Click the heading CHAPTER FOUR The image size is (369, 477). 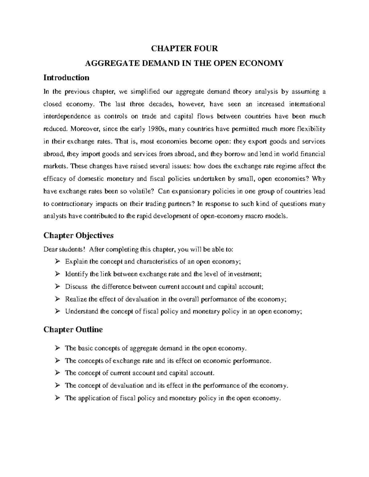[x=184, y=49]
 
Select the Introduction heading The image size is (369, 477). [x=66, y=77]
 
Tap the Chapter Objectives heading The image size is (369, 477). [x=78, y=235]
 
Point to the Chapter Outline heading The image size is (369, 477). [x=73, y=330]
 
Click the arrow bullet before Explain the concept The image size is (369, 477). [x=57, y=262]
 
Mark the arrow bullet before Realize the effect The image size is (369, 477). [x=57, y=299]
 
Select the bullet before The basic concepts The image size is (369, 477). [x=57, y=348]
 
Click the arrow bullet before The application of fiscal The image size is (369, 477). [x=57, y=398]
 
